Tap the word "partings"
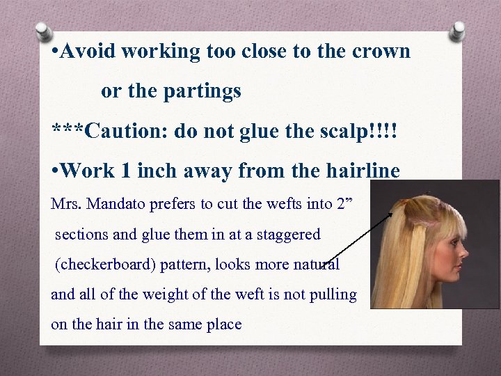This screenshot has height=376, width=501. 207,91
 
